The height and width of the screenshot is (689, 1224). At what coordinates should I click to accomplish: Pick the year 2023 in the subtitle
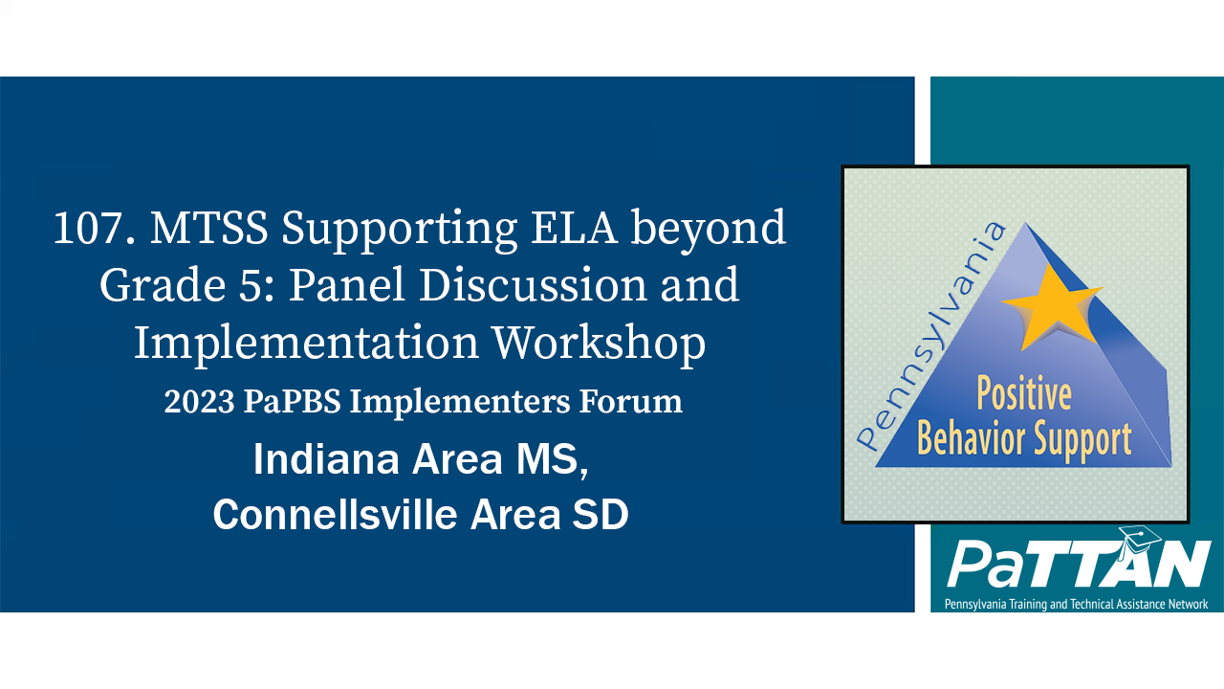[198, 402]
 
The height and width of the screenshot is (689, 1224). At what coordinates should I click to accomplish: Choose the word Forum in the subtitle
[637, 402]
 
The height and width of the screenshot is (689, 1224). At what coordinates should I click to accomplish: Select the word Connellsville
[335, 515]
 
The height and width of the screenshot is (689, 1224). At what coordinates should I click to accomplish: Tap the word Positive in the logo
[1023, 394]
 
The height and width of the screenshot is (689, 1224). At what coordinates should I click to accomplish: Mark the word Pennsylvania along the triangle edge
[932, 335]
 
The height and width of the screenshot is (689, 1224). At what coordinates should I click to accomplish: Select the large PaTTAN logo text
[1078, 567]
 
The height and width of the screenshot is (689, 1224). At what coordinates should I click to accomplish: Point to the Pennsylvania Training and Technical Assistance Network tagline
[1076, 604]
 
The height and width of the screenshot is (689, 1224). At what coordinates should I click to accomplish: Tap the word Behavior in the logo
[972, 438]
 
